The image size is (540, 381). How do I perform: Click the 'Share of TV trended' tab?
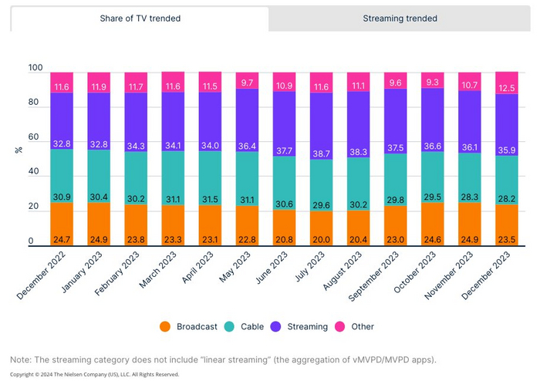pyautogui.click(x=140, y=19)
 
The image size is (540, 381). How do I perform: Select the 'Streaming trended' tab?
pyautogui.click(x=400, y=19)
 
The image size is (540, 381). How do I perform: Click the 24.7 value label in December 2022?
pyautogui.click(x=61, y=239)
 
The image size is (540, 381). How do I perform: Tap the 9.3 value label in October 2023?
pyautogui.click(x=432, y=82)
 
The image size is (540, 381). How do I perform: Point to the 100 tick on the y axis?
pyautogui.click(x=35, y=69)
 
